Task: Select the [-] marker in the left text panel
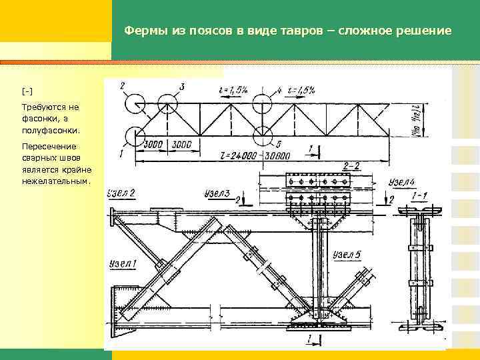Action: [27, 91]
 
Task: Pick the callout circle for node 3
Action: [167, 104]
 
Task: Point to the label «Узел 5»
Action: [348, 255]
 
